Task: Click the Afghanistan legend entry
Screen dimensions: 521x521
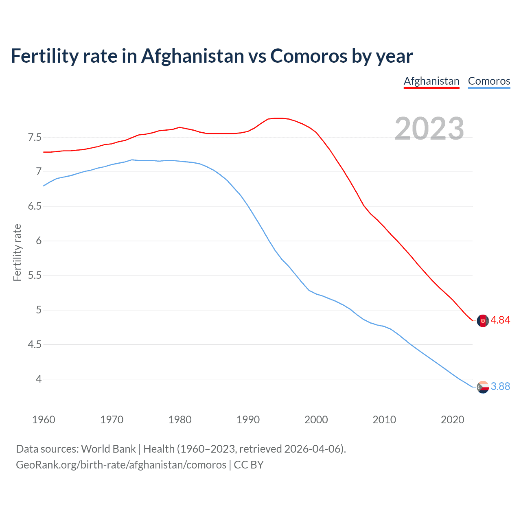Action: tap(431, 81)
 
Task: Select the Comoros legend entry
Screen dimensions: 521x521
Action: tap(489, 81)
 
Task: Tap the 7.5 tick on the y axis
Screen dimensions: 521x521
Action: tap(35, 137)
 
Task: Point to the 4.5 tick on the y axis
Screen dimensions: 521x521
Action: tap(35, 345)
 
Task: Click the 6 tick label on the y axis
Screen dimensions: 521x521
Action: tap(39, 241)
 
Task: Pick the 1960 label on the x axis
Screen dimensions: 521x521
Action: tap(44, 420)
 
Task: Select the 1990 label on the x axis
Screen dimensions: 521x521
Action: tap(248, 420)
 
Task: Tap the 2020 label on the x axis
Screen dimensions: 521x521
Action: tap(452, 420)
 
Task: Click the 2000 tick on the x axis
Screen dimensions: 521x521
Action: tap(316, 420)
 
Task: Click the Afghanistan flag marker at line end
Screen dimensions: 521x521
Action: tap(483, 321)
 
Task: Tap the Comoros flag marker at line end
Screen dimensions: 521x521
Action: tap(483, 387)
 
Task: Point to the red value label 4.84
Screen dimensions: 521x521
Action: tap(500, 320)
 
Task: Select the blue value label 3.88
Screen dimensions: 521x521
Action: tap(500, 387)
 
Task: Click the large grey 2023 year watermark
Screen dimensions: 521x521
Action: tap(429, 129)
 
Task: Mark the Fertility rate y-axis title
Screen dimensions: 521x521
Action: tap(17, 252)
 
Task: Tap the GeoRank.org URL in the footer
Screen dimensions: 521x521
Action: tap(121, 465)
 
